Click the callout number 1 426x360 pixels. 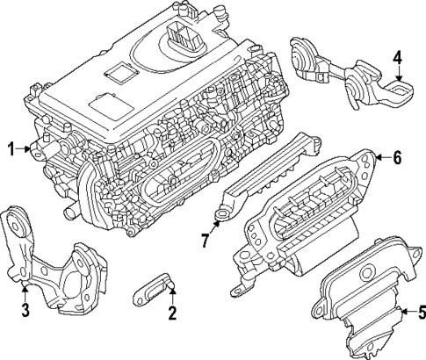pyautogui.click(x=11, y=150)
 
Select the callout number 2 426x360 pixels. pyautogui.click(x=173, y=313)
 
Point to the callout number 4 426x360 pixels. pyautogui.click(x=398, y=59)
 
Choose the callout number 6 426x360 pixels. pyautogui.click(x=397, y=158)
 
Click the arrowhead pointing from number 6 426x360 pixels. pyautogui.click(x=376, y=158)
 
